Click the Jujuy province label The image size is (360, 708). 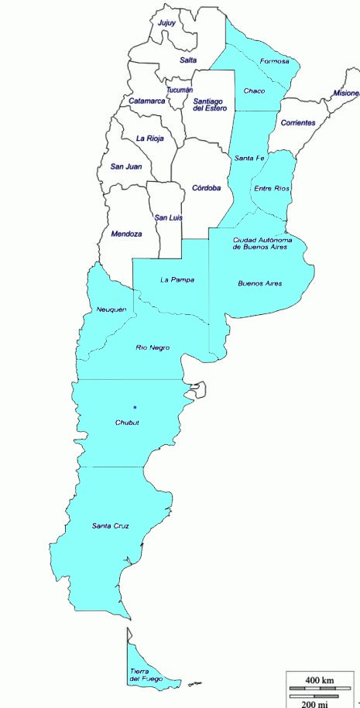(166, 23)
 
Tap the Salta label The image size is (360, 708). (188, 60)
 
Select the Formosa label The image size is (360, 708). (275, 61)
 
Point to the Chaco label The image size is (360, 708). (254, 91)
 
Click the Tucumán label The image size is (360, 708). (179, 91)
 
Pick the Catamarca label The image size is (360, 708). (147, 101)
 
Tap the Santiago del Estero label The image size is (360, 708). (211, 104)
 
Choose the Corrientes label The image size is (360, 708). (298, 123)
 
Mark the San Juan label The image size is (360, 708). (125, 166)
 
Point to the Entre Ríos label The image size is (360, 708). (271, 189)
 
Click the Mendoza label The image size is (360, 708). (126, 234)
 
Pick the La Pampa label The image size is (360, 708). (177, 279)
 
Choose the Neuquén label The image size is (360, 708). (111, 310)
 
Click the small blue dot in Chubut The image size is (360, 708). (135, 407)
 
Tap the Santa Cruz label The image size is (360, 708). (110, 527)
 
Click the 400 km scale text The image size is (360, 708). (319, 680)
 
